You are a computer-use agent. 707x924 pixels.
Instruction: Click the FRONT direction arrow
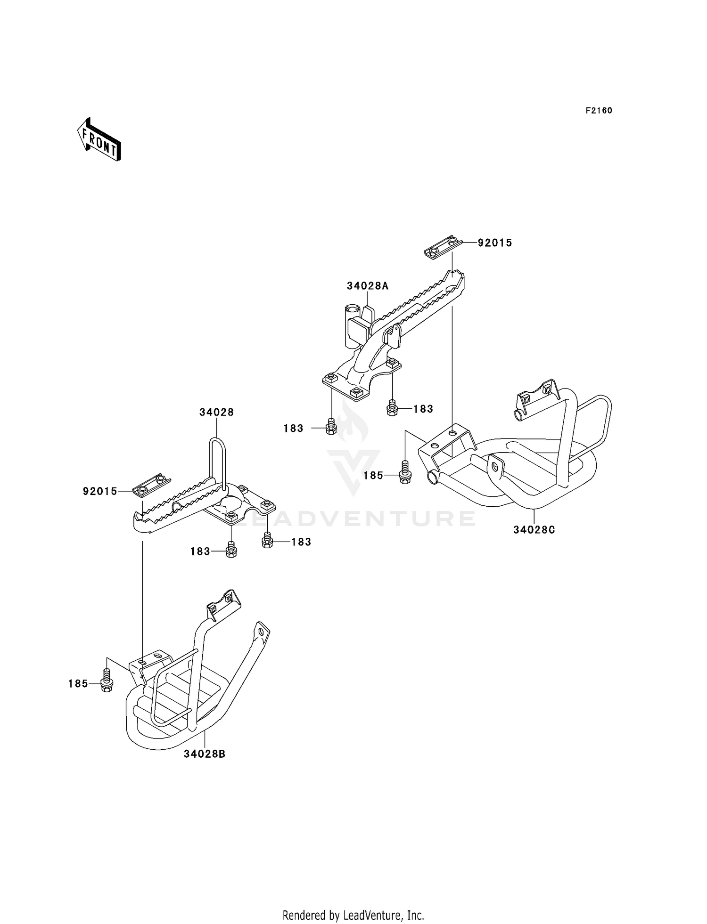[99, 140]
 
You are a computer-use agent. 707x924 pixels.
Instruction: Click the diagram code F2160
[599, 111]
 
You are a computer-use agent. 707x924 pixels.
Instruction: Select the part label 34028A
[368, 286]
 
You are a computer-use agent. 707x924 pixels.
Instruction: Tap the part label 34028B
[205, 754]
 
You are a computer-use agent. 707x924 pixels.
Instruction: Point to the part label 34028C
[534, 530]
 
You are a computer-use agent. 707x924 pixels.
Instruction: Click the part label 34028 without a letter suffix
[216, 412]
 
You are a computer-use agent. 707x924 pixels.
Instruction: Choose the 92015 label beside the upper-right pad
[495, 243]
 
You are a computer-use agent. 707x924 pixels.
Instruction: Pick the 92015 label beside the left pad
[100, 492]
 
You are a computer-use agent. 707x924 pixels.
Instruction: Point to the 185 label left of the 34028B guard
[78, 683]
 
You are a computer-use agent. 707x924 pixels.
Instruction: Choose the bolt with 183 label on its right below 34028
[267, 541]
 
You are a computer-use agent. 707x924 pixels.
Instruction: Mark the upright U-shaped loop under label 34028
[217, 462]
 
